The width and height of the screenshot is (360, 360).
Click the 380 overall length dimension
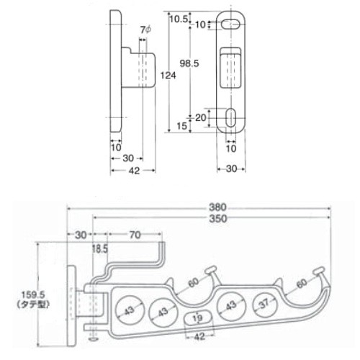point(217,207)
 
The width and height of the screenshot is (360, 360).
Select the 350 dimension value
point(217,219)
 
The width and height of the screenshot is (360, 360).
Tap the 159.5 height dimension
point(33,294)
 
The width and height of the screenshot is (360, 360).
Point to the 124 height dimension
point(168,76)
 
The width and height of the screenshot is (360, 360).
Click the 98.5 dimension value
point(189,63)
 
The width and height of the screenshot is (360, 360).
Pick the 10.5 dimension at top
point(179,19)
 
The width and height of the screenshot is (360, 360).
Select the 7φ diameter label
point(145,30)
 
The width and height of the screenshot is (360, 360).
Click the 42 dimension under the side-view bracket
point(134,171)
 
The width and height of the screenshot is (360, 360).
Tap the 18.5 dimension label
point(100,249)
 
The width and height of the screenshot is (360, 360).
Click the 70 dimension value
point(135,235)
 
